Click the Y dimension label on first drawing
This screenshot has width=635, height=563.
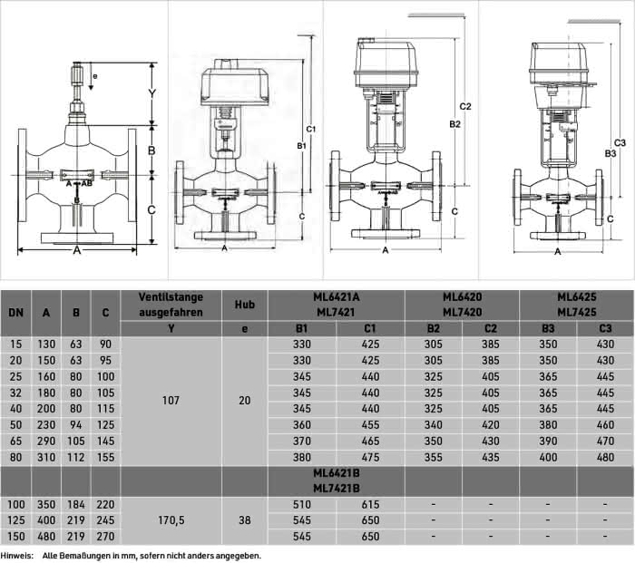tap(151, 94)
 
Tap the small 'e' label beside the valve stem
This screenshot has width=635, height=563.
tap(95, 76)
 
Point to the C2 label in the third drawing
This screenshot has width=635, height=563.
tap(465, 106)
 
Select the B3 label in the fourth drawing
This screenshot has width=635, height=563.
tap(611, 153)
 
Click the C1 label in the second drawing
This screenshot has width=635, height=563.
tap(310, 129)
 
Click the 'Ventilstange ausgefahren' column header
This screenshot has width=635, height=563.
tap(171, 305)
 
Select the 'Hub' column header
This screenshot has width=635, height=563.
tap(245, 305)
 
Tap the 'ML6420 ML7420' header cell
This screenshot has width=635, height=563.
tap(462, 305)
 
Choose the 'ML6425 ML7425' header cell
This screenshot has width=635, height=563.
tap(577, 305)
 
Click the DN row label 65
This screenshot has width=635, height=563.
tap(15, 442)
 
